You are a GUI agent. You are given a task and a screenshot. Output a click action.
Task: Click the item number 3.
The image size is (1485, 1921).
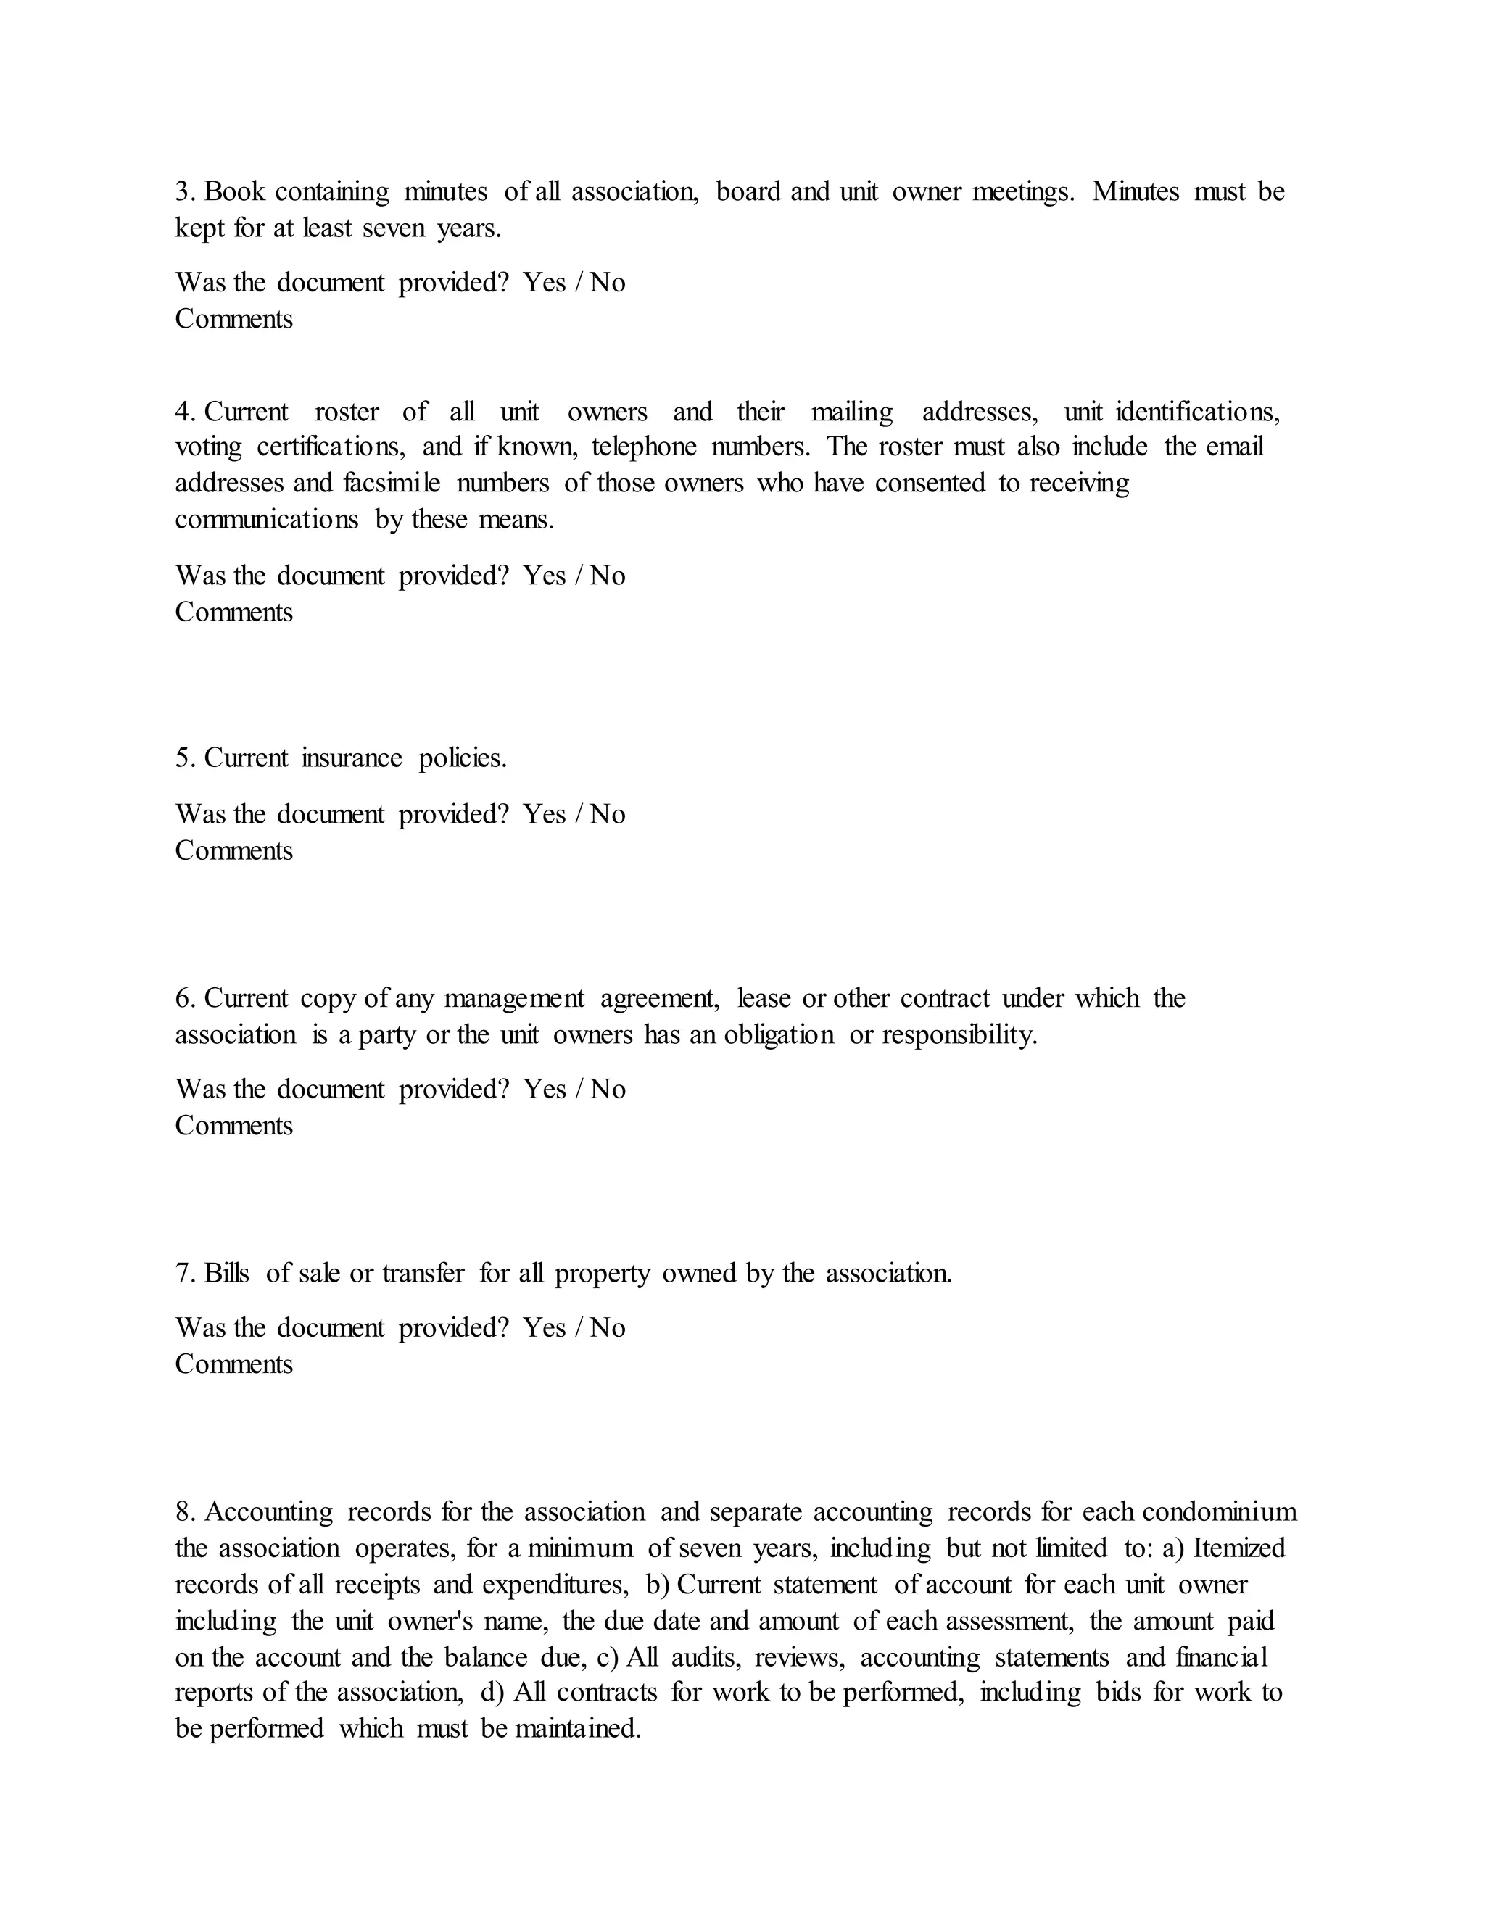184,192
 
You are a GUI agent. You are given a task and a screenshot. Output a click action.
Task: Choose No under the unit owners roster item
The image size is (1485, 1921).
607,576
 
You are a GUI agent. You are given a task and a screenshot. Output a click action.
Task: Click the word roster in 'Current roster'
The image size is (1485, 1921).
347,412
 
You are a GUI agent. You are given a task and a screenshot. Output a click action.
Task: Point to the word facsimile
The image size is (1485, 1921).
392,483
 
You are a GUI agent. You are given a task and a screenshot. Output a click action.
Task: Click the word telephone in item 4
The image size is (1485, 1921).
644,447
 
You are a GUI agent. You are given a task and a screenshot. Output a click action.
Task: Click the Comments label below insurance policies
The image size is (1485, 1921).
233,850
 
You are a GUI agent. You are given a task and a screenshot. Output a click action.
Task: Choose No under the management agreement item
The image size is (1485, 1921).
607,1089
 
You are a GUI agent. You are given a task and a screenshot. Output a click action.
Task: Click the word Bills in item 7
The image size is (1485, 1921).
227,1273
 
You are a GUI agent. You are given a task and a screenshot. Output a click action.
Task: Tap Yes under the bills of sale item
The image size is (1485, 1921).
544,1327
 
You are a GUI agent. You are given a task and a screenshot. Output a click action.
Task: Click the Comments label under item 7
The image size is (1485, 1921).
233,1364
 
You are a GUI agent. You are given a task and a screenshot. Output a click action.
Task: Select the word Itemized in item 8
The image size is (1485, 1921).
1238,1548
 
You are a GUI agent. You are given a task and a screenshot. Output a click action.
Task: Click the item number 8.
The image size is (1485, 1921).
184,1512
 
